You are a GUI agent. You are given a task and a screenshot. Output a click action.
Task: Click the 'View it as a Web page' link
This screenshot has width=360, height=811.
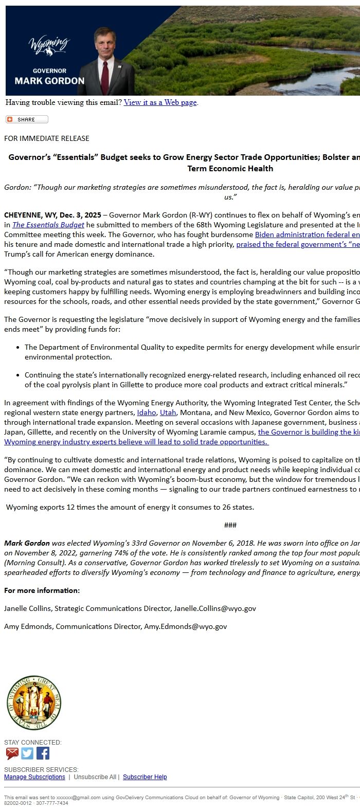point(160,102)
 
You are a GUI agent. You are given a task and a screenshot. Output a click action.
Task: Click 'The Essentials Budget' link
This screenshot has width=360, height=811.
point(48,225)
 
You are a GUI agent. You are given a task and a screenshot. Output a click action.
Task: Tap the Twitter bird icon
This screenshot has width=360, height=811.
point(27,753)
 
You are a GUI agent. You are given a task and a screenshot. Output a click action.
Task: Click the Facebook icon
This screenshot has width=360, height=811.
point(43,753)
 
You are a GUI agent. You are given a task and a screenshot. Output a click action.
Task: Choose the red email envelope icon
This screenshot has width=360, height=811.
point(12,753)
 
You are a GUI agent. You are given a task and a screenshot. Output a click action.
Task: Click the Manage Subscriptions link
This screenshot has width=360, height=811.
point(34,777)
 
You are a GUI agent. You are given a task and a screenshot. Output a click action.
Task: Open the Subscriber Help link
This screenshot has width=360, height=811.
point(145,777)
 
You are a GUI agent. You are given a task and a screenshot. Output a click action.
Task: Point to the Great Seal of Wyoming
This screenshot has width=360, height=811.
point(34,702)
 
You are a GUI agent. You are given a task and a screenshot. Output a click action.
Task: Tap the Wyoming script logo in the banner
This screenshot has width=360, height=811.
point(49,45)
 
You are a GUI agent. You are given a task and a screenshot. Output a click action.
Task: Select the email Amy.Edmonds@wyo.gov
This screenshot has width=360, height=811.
point(185,626)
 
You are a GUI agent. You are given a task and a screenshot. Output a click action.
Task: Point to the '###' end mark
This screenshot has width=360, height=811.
point(230,525)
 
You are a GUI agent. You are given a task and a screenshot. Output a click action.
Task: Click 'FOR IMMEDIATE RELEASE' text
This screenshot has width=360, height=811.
point(47,138)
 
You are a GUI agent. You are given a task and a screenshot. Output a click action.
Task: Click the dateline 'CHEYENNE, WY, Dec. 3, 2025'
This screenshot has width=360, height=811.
point(52,215)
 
